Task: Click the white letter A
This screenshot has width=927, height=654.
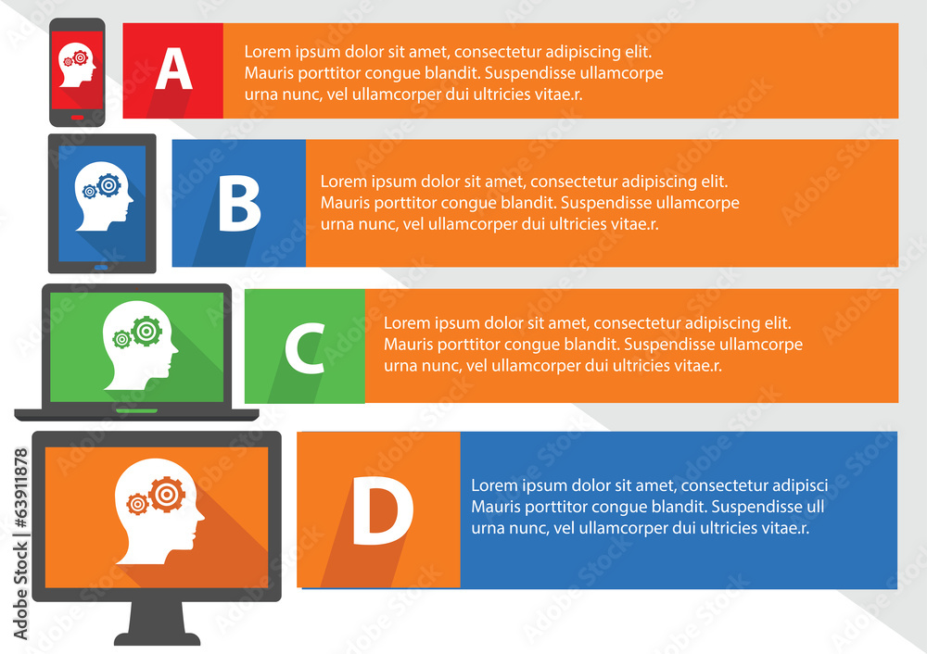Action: click(174, 69)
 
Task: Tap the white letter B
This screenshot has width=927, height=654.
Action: click(239, 205)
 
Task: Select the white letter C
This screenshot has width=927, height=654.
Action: click(305, 348)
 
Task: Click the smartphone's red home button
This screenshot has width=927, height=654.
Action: click(78, 118)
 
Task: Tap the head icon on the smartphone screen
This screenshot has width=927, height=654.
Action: click(78, 65)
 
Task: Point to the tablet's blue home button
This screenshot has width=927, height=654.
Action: click(101, 268)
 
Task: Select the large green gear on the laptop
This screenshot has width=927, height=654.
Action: click(146, 331)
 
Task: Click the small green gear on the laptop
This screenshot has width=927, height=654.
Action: click(121, 339)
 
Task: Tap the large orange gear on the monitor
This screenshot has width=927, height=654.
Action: click(167, 494)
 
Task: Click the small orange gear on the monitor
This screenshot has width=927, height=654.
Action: click(138, 504)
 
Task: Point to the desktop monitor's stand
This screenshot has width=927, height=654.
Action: click(158, 623)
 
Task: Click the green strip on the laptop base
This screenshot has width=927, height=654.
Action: click(136, 410)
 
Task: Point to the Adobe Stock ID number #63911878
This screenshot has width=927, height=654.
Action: click(20, 488)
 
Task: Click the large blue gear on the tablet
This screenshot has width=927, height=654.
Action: click(108, 185)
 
